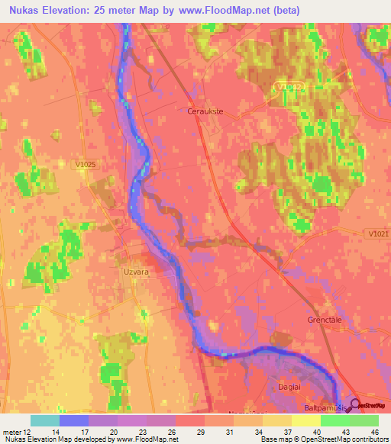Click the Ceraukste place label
(204, 111)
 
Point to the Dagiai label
(299, 387)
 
